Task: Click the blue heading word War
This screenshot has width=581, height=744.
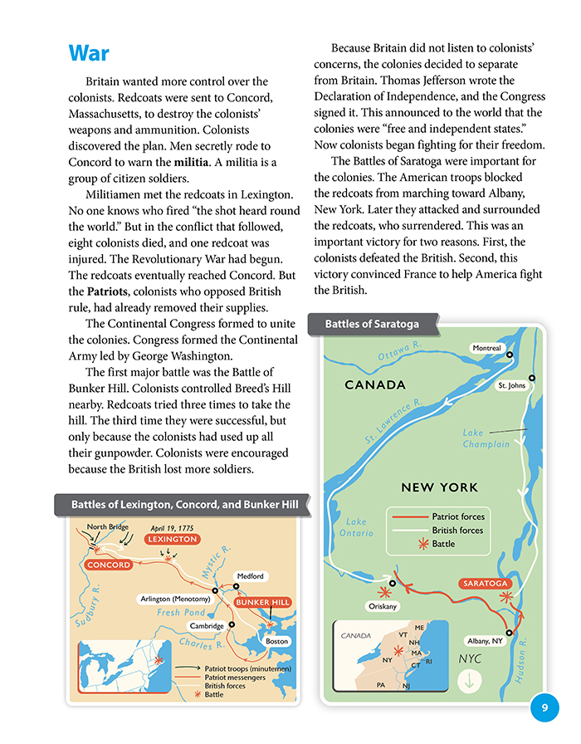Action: click(89, 53)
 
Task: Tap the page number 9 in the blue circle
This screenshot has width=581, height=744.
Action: click(544, 707)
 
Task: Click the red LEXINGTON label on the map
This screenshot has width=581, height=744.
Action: click(173, 539)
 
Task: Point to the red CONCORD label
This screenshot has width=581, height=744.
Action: click(107, 565)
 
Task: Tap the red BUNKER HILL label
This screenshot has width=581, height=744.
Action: click(263, 602)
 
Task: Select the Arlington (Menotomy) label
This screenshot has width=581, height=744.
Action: click(174, 599)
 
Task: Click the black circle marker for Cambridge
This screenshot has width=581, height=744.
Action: click(232, 624)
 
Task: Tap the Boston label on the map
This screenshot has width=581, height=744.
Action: click(276, 641)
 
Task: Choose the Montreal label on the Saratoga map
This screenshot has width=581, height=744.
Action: click(488, 347)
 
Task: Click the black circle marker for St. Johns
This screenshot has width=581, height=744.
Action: click(532, 378)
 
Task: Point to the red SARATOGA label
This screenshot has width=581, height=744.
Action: click(485, 584)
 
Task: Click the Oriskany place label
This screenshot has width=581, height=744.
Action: click(383, 606)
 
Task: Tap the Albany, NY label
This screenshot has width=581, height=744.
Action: click(486, 641)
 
